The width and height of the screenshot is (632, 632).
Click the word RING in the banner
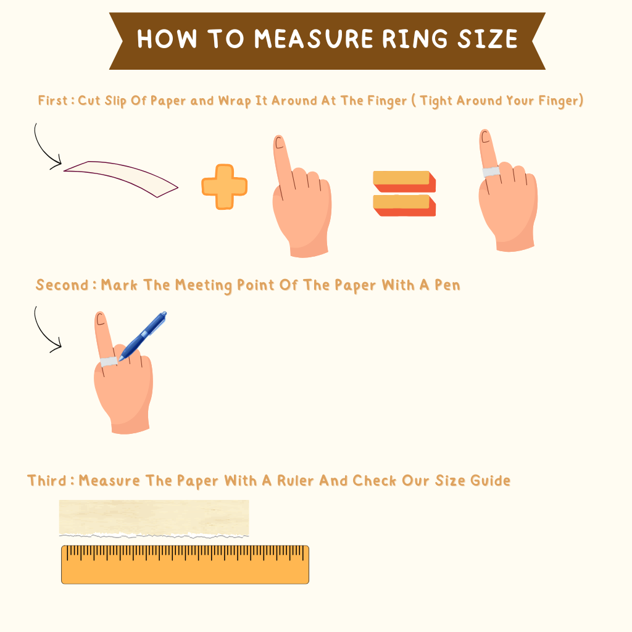click(x=414, y=39)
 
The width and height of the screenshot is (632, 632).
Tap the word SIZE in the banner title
click(x=488, y=39)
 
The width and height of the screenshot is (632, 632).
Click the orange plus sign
click(x=224, y=186)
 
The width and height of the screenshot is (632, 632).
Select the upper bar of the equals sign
click(x=404, y=181)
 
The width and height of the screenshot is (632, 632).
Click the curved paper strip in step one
click(x=121, y=177)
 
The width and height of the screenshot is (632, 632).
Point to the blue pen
click(x=143, y=336)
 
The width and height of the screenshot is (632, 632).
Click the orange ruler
click(x=185, y=564)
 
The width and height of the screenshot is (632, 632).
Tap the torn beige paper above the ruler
click(x=154, y=518)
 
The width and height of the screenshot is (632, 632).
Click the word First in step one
click(x=53, y=101)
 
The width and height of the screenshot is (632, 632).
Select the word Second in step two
click(x=62, y=285)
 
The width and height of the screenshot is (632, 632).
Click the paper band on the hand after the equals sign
click(x=491, y=172)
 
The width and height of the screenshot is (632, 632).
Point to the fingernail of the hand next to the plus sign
click(x=279, y=143)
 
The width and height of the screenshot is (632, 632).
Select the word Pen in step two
click(x=447, y=285)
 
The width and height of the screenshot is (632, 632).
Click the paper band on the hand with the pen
click(x=109, y=362)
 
